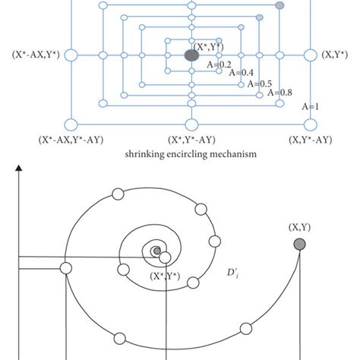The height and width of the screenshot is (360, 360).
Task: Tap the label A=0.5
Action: point(257,83)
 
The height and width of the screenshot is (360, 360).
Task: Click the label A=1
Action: point(311,107)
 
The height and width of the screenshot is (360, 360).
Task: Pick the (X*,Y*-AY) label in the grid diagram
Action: point(191,140)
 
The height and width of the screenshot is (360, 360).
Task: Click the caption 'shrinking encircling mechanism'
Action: point(191,153)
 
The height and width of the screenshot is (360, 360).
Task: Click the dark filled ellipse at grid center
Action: point(191,55)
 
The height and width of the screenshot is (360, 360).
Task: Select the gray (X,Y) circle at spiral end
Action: point(301,243)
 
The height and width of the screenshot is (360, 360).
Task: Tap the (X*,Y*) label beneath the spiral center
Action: point(169,274)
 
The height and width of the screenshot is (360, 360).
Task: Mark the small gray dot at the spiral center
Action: point(156,251)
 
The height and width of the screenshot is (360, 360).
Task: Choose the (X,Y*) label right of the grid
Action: point(336,55)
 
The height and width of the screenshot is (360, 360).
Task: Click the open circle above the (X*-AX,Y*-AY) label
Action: point(71,124)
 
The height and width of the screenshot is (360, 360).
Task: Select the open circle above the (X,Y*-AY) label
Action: point(310,124)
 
